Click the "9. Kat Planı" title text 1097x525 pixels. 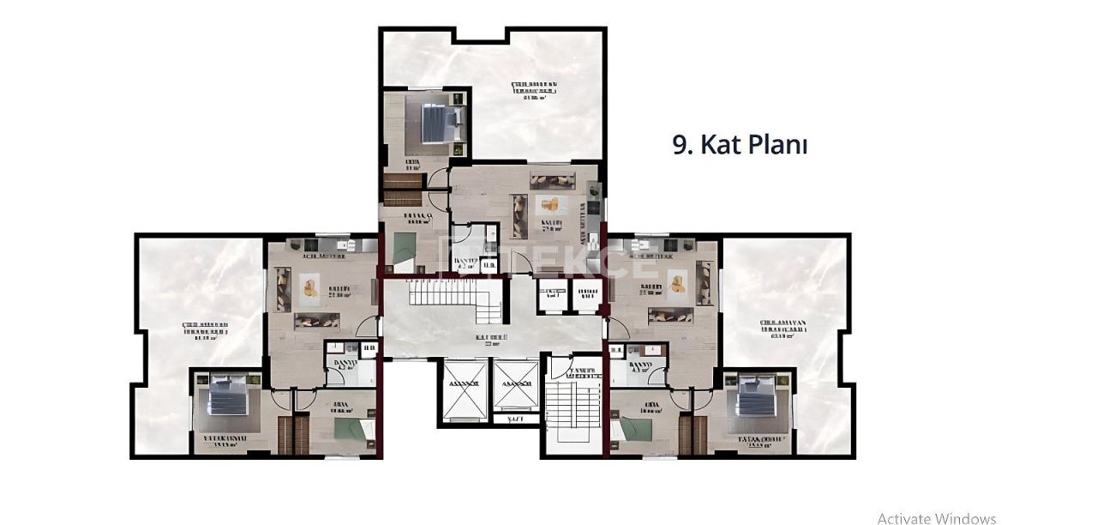point(740,145)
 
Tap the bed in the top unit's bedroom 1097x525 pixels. point(441,124)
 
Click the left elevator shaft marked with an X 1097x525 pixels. point(465,387)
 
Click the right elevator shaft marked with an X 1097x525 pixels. point(516,387)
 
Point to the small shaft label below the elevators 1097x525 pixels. point(515,419)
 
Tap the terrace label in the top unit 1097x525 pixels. point(534,90)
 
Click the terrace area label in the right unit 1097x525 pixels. point(783,329)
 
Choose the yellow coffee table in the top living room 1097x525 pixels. point(548,206)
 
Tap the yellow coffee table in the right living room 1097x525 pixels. point(677,281)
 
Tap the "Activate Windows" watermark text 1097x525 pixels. point(936,518)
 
